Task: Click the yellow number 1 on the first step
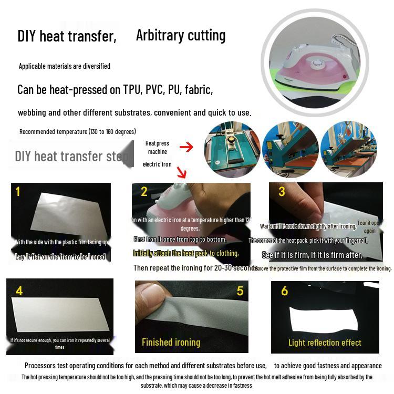click(x=18, y=192)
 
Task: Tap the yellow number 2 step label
click(x=144, y=192)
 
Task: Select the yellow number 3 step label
click(x=282, y=192)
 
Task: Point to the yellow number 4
click(x=19, y=291)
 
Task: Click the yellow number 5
click(x=240, y=291)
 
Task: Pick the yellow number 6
click(x=284, y=291)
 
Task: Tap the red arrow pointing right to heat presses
click(x=186, y=147)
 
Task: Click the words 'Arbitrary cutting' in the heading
click(x=181, y=35)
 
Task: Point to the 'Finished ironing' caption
click(x=171, y=343)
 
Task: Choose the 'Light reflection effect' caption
click(x=325, y=343)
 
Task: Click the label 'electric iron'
click(x=157, y=164)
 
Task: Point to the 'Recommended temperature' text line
click(x=78, y=131)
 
